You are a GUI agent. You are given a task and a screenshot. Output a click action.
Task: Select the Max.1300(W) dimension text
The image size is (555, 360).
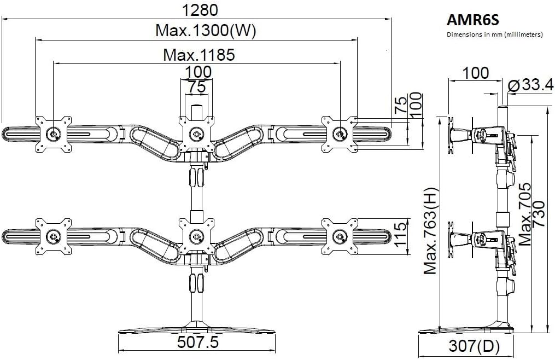[206, 31]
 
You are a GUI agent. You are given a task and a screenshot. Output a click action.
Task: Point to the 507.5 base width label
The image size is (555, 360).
[197, 342]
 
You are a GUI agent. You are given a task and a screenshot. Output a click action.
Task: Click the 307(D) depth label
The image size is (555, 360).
[470, 346]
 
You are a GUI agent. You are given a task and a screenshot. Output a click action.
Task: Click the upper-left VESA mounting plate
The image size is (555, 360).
[54, 133]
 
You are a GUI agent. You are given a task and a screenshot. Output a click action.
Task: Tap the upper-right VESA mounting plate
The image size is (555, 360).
[340, 132]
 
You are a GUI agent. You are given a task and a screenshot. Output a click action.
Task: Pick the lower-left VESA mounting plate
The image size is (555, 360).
[54, 236]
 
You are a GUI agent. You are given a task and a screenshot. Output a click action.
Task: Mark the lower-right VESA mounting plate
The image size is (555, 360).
[340, 236]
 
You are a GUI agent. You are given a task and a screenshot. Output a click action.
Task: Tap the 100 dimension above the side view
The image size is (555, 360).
[475, 72]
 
